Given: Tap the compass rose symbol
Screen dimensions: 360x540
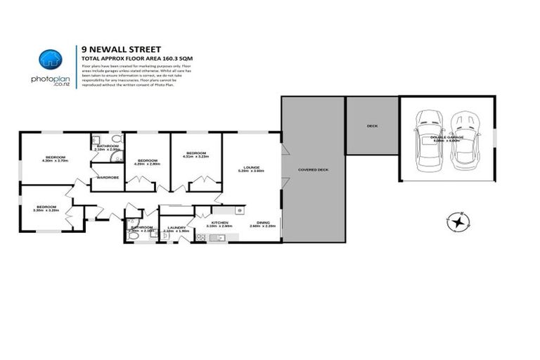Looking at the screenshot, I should pyautogui.click(x=458, y=223).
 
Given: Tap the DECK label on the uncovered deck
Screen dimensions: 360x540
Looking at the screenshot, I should pyautogui.click(x=372, y=127).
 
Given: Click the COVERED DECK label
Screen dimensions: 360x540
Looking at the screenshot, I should pyautogui.click(x=312, y=170).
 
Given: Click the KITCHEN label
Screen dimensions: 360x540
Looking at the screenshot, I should pyautogui.click(x=220, y=222).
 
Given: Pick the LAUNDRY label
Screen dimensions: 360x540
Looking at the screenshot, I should pyautogui.click(x=176, y=227).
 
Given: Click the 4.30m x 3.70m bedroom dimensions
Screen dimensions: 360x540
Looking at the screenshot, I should pyautogui.click(x=55, y=161).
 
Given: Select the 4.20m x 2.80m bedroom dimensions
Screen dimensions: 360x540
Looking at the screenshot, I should pyautogui.click(x=147, y=165).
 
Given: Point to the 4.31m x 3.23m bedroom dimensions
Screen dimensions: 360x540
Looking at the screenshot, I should pyautogui.click(x=196, y=157).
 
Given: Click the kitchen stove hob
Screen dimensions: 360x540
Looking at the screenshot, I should pyautogui.click(x=200, y=238).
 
